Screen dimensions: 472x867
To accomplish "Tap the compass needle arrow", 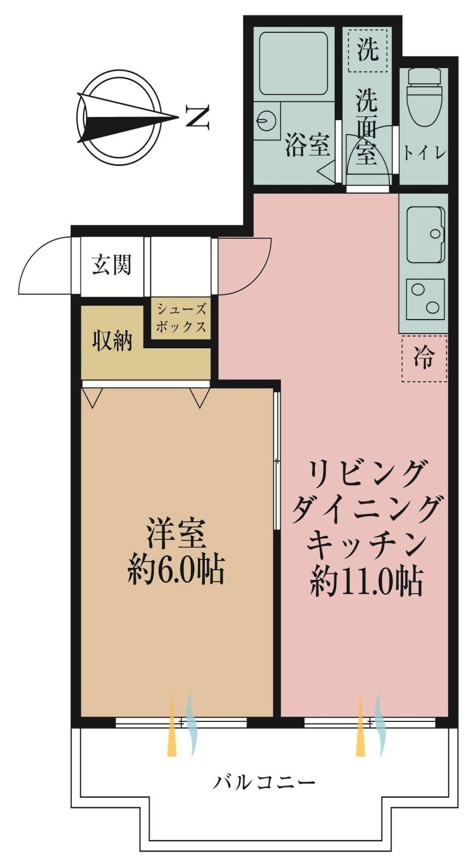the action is (x=128, y=118).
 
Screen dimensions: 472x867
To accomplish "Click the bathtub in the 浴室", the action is (x=293, y=63).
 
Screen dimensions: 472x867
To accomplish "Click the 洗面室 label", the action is (x=367, y=127).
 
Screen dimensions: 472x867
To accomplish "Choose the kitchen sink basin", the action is (x=426, y=235).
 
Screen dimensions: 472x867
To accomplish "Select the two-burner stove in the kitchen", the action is (x=426, y=298).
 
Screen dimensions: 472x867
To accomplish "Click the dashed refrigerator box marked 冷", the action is (x=424, y=359).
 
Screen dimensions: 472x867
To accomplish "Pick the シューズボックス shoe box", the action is (x=180, y=318).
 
